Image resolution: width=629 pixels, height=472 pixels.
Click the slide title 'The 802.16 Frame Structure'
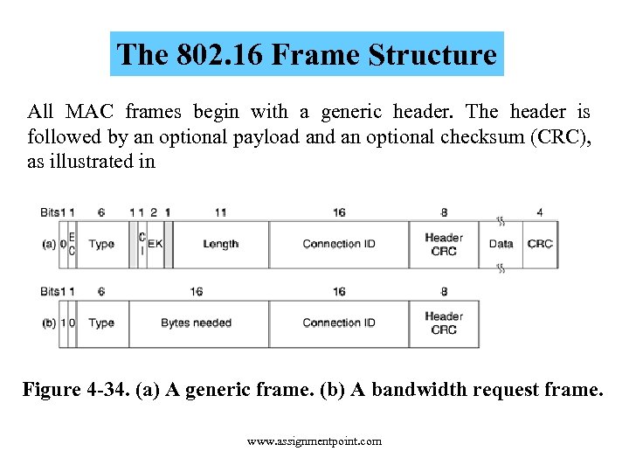[x=308, y=54]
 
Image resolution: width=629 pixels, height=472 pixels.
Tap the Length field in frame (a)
[x=220, y=244]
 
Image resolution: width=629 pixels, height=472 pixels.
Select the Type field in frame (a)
[x=101, y=244]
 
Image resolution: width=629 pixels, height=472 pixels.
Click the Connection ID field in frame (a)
[x=339, y=244]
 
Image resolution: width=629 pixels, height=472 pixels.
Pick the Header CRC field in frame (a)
[x=444, y=244]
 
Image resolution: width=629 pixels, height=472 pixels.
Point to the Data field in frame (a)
[x=501, y=244]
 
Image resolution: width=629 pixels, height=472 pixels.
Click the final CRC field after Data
[x=540, y=244]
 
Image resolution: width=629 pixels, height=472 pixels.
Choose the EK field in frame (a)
[x=155, y=244]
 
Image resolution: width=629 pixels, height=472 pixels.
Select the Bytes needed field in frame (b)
[x=197, y=323]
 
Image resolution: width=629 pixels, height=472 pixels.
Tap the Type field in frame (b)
[x=101, y=323]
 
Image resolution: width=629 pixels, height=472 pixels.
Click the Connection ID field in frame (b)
[x=339, y=323]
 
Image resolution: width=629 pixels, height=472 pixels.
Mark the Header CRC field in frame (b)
[x=444, y=323]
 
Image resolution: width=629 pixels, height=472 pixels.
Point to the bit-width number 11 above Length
[x=220, y=212]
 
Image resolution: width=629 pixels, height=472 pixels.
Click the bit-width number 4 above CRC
[x=540, y=212]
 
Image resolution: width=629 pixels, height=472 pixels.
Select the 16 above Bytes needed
[x=197, y=292]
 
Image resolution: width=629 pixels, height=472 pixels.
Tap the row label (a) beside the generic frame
[x=49, y=244]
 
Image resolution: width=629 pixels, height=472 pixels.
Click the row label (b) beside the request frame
[x=49, y=323]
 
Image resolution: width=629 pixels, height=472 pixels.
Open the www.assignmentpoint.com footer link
[x=314, y=441]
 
